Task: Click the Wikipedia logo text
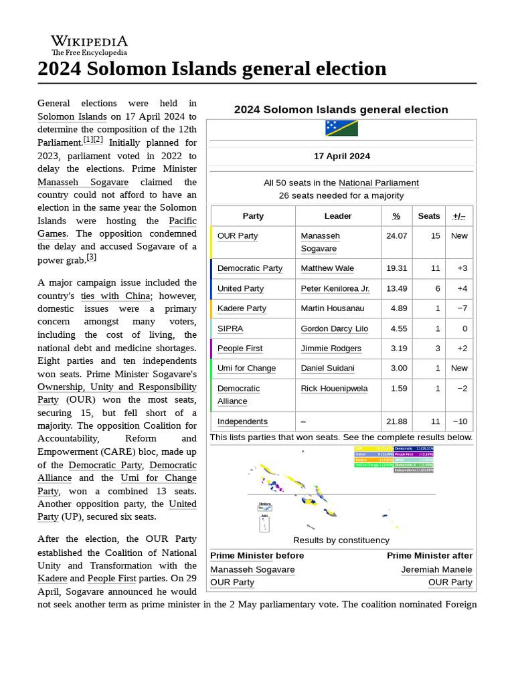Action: click(89, 41)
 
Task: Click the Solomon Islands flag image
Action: click(341, 128)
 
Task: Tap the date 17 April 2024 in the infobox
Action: click(341, 157)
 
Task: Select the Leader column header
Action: click(338, 216)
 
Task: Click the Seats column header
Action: click(429, 216)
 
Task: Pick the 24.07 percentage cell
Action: click(396, 236)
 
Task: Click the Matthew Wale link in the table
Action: click(329, 268)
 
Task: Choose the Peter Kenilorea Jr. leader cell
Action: click(335, 288)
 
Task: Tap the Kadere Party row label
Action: click(242, 308)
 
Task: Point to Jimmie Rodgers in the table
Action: click(331, 349)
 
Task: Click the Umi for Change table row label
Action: click(246, 369)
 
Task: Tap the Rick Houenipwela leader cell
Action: click(334, 389)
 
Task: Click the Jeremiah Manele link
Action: click(436, 570)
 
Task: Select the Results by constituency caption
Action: click(341, 541)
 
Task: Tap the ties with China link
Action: click(116, 296)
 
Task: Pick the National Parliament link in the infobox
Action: click(378, 183)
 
